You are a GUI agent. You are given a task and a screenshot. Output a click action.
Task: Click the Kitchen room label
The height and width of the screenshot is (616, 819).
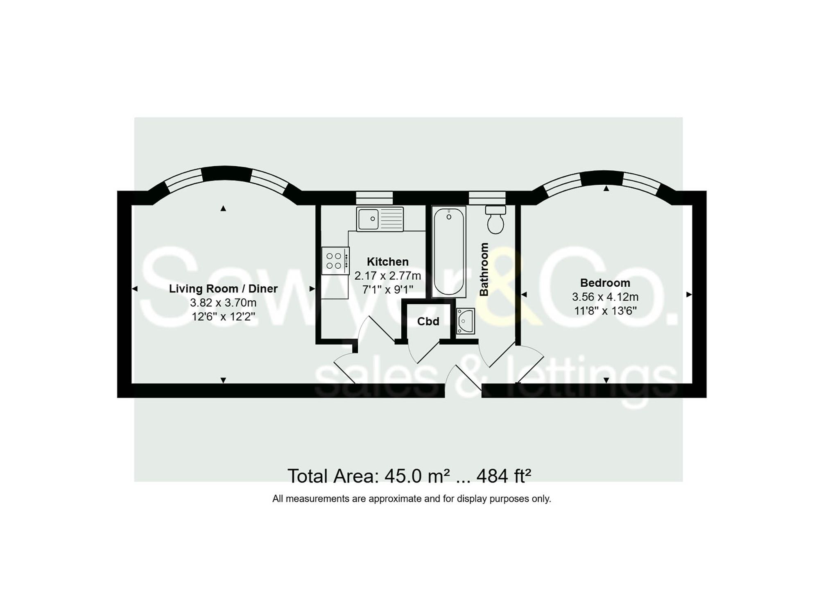tap(387, 262)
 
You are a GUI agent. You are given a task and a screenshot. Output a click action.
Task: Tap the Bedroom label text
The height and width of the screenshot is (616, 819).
tap(605, 283)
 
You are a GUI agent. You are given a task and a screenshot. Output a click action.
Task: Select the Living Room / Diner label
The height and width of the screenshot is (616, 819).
tap(223, 289)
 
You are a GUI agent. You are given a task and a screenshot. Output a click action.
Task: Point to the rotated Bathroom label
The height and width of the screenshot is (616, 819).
tap(484, 269)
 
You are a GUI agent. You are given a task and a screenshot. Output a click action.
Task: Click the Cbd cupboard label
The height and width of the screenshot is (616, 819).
tap(428, 322)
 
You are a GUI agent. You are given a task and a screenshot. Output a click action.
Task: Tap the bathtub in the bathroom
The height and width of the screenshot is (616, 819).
tap(449, 251)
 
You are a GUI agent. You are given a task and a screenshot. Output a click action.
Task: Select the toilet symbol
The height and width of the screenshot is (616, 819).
tap(495, 220)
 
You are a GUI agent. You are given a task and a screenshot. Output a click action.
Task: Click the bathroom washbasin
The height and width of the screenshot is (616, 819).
tap(466, 321)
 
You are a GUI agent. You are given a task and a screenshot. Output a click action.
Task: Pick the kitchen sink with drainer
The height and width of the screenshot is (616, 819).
tap(380, 219)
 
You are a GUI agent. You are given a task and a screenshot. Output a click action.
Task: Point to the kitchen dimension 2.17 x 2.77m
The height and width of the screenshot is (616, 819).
tap(387, 276)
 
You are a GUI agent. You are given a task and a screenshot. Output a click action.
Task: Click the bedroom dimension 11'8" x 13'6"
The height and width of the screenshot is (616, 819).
tap(605, 311)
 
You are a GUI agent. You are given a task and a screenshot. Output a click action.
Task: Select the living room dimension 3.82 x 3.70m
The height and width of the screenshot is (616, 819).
tap(223, 303)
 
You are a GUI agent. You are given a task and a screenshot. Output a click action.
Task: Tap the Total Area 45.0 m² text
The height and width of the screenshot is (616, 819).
tap(369, 476)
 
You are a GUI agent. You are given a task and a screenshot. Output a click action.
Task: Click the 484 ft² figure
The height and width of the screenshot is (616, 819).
tap(504, 476)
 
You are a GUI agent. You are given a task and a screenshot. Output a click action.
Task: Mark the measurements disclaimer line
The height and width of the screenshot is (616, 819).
tap(412, 499)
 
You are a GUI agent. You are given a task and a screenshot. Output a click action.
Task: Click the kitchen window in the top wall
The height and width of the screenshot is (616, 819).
tap(374, 198)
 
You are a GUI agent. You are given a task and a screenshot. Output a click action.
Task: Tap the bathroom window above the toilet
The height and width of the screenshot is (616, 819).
tap(487, 198)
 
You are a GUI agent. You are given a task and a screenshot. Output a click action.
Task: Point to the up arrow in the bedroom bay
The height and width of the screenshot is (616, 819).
tap(606, 189)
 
